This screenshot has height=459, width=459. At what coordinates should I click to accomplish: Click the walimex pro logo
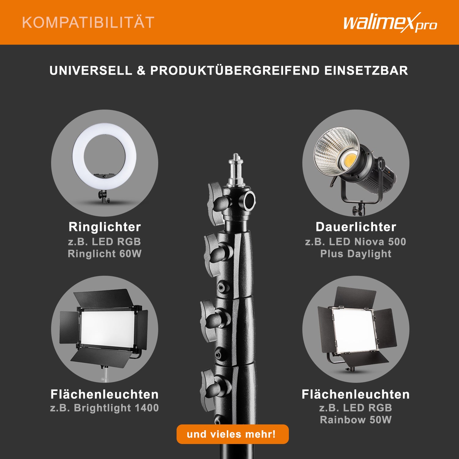(x=390, y=22)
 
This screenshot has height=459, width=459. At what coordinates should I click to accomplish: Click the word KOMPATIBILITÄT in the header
(x=88, y=23)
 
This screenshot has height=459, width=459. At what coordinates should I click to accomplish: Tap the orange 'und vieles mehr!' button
(x=233, y=434)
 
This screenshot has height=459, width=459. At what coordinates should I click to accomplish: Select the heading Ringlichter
(x=105, y=227)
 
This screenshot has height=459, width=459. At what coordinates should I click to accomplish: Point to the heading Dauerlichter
(x=356, y=227)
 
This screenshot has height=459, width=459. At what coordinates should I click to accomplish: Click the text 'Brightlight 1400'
(x=116, y=408)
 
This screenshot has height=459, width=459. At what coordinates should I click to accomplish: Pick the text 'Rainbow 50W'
(x=356, y=420)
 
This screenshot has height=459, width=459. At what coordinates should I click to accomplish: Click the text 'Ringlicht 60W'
(x=105, y=254)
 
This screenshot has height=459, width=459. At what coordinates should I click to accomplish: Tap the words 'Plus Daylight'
(x=356, y=254)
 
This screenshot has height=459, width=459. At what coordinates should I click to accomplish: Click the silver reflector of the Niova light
(x=337, y=151)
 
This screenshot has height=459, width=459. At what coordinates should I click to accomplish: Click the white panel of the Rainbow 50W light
(x=354, y=330)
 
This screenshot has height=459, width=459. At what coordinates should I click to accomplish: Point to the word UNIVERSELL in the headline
(x=91, y=71)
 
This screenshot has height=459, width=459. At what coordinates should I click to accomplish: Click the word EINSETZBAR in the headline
(x=366, y=71)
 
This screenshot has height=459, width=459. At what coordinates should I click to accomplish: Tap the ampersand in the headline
(x=141, y=71)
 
